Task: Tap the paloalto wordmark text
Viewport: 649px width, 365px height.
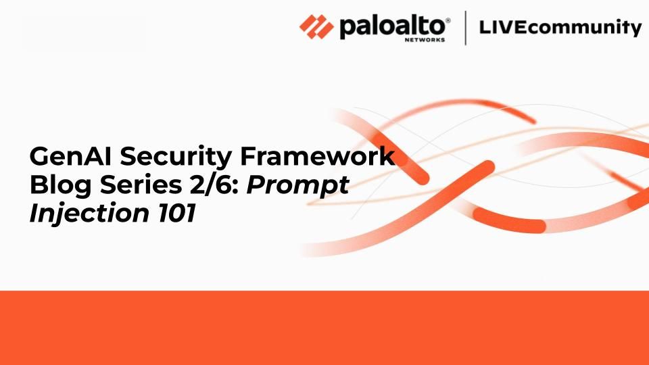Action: pyautogui.click(x=391, y=27)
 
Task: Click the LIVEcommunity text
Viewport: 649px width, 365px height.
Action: pyautogui.click(x=559, y=28)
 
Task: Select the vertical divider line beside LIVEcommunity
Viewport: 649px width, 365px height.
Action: pyautogui.click(x=465, y=28)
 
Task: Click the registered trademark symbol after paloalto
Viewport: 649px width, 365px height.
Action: pyautogui.click(x=448, y=20)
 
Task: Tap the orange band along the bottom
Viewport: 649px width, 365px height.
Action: pyautogui.click(x=324, y=328)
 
